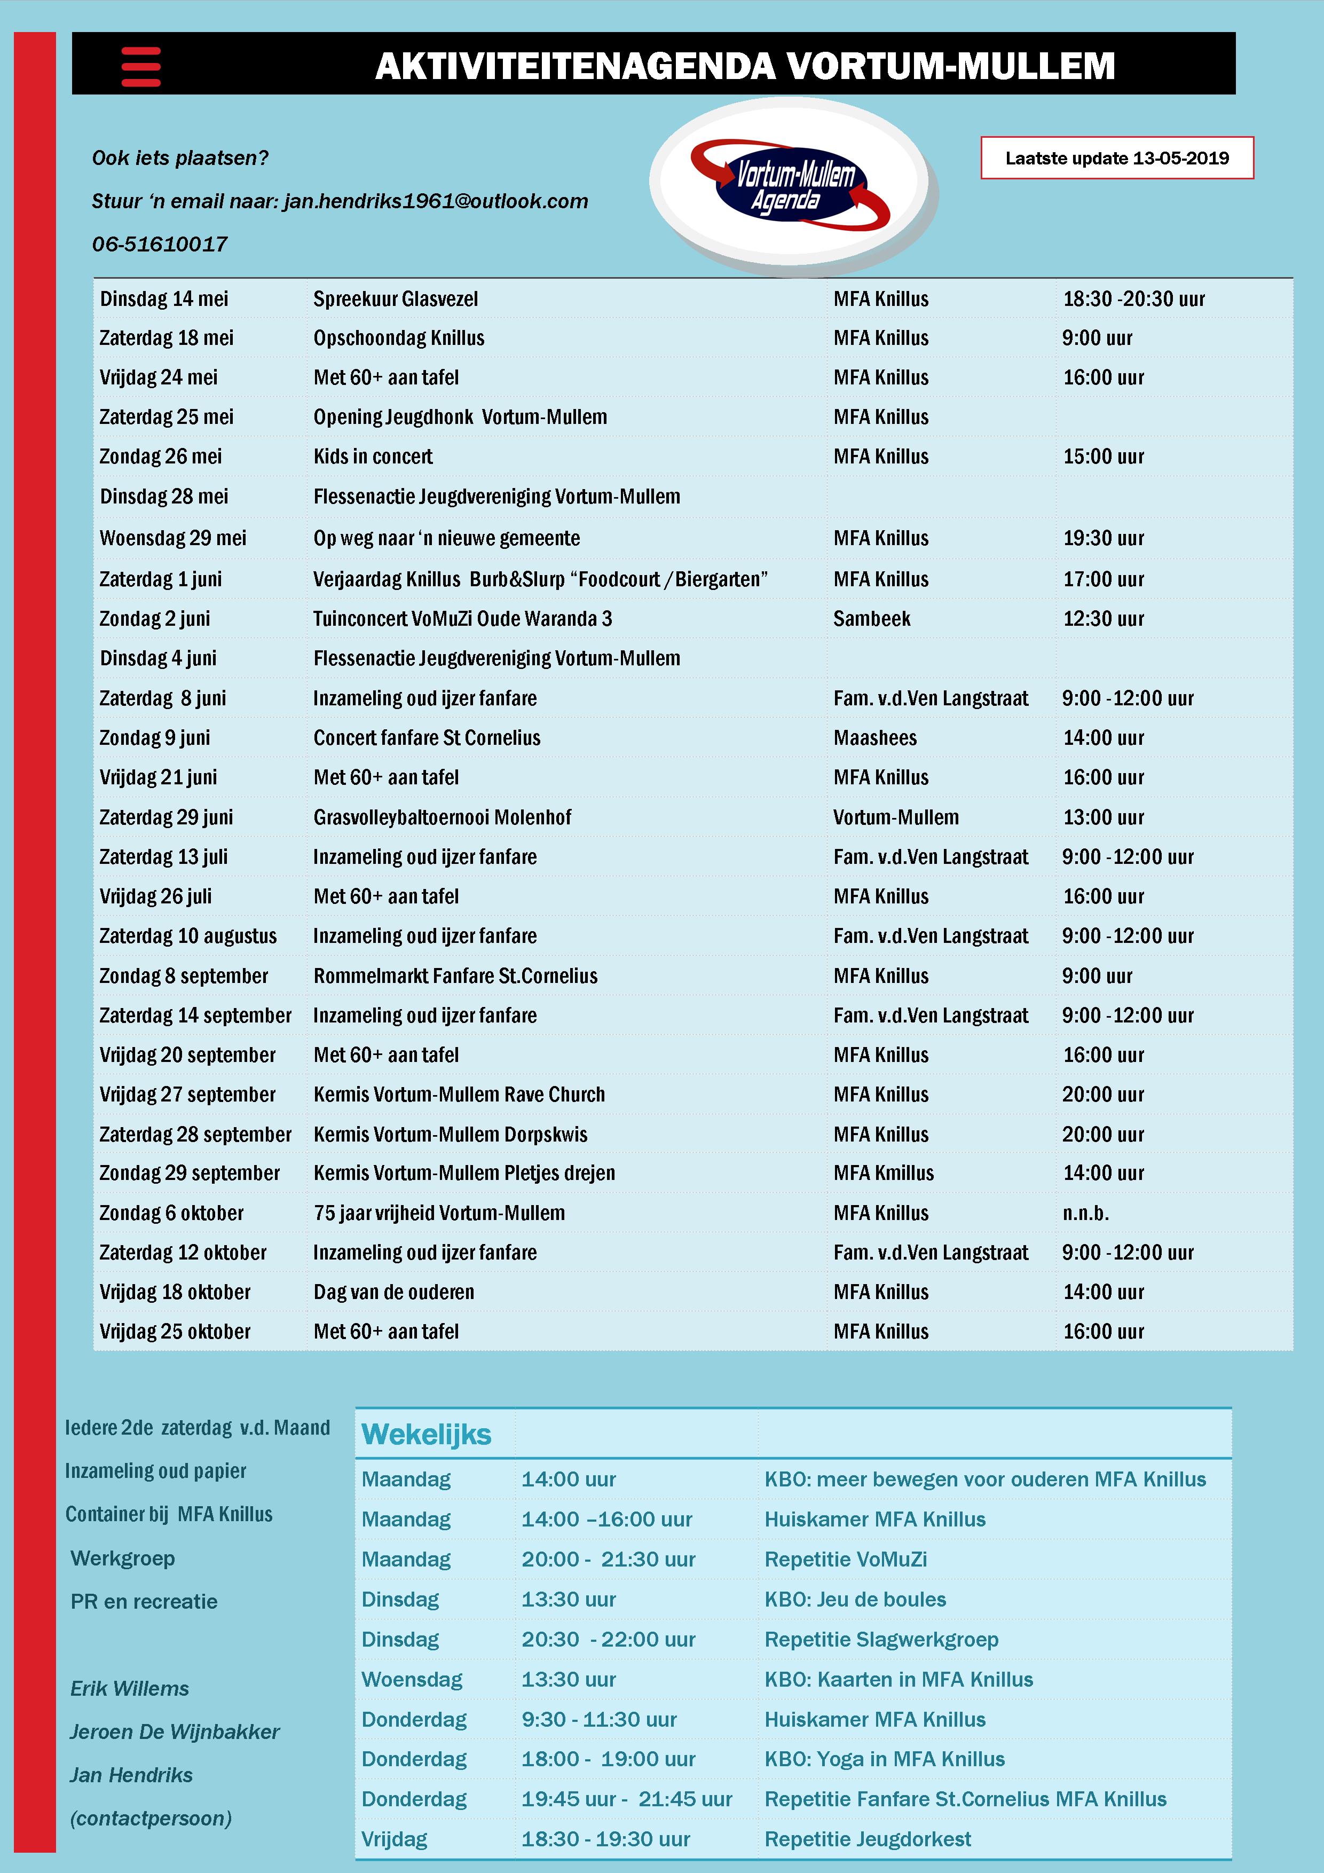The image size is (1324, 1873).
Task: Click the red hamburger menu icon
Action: pos(140,66)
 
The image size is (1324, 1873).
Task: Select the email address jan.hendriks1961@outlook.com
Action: pos(436,201)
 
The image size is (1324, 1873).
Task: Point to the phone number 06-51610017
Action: pos(160,244)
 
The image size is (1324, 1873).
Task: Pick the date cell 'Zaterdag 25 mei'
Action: pos(167,417)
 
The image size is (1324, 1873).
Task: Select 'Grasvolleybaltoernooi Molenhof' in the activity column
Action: pos(442,817)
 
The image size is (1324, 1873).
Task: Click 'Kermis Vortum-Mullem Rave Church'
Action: pos(459,1095)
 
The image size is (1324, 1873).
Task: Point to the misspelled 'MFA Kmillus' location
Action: pos(884,1173)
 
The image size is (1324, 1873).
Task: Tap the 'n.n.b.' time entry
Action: pos(1085,1213)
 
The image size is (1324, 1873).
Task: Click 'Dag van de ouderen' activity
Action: pos(394,1292)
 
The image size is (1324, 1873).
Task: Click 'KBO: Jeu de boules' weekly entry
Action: pos(855,1600)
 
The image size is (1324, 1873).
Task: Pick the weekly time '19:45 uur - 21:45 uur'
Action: pos(627,1799)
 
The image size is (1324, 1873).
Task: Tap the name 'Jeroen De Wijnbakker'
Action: pos(175,1732)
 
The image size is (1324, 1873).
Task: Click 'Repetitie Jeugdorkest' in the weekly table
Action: pos(867,1839)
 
